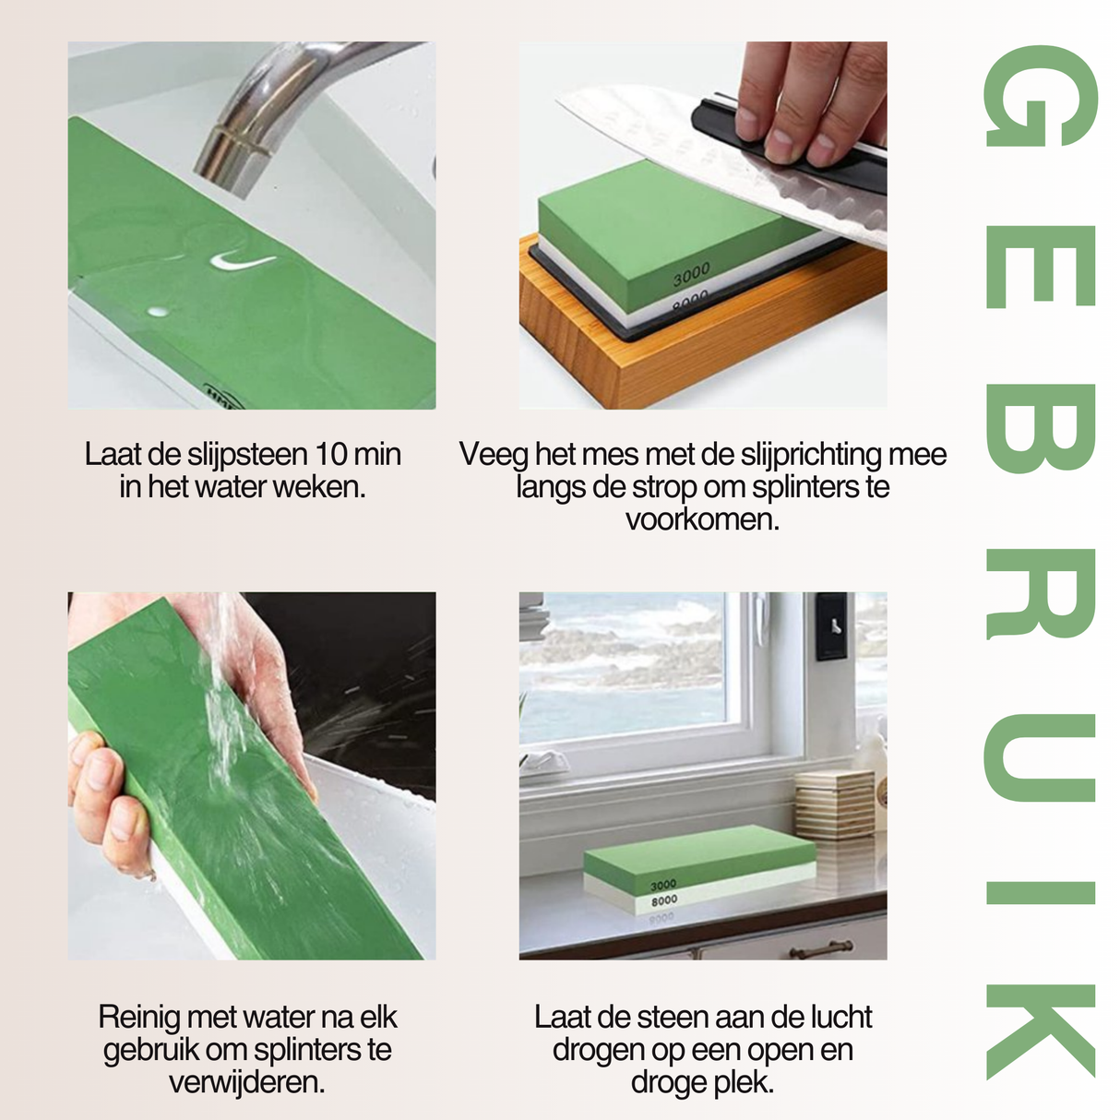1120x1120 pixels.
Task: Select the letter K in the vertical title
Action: pos(1040,1031)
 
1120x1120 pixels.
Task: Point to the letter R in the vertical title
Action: pos(1040,593)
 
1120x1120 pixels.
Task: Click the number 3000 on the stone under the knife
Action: pos(691,273)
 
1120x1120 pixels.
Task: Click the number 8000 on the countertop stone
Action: pos(664,900)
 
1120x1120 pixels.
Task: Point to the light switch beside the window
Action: pos(831,626)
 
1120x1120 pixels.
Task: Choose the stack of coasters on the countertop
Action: pos(834,805)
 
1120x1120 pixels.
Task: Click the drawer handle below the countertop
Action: pos(820,947)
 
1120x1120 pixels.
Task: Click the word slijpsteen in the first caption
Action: pos(246,455)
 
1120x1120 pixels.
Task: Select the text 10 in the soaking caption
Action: pos(330,455)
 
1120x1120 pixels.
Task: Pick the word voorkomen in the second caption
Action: pos(701,519)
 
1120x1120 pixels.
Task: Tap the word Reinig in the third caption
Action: pos(139,1018)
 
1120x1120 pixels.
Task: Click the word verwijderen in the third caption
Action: pos(246,1082)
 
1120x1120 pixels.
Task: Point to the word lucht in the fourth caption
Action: pos(840,1018)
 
